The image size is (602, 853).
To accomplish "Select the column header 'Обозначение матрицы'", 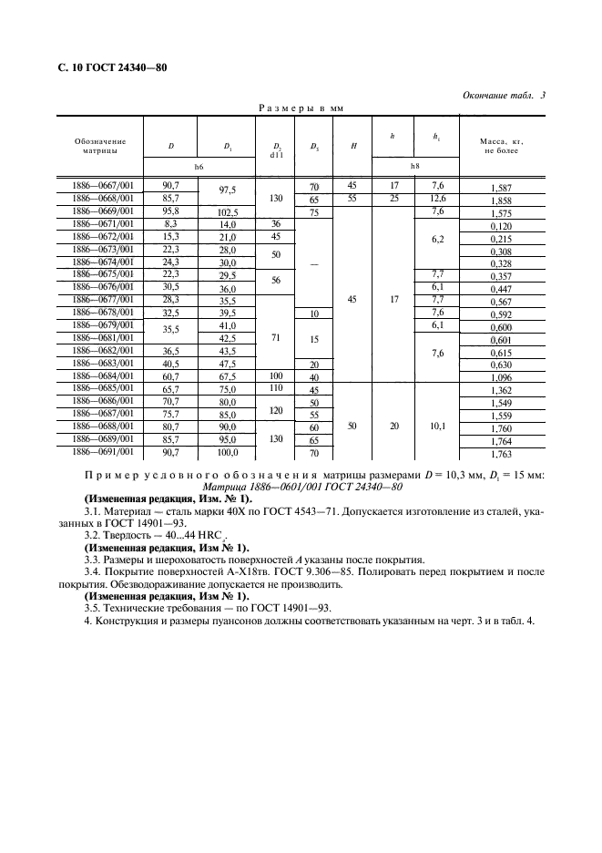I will (x=101, y=146).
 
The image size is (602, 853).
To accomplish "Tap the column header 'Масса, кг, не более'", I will (x=501, y=146).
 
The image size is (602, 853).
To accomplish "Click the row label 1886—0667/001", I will (x=102, y=185).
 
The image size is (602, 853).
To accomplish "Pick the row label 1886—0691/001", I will (x=102, y=451).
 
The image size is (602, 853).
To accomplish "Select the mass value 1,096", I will (x=501, y=377).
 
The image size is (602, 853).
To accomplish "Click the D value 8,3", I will (x=170, y=223).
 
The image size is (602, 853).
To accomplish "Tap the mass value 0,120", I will (x=501, y=224).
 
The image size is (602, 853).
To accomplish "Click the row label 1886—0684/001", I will (x=102, y=375).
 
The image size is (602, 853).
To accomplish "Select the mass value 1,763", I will (x=501, y=453).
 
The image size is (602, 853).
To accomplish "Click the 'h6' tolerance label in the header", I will (x=199, y=166).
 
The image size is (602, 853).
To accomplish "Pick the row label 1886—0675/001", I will (x=102, y=273).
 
